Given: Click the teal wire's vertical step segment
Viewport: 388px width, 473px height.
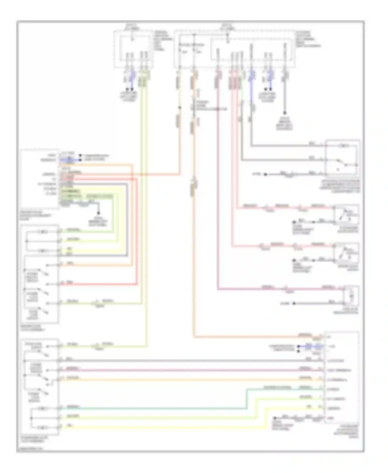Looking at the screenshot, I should [247, 398].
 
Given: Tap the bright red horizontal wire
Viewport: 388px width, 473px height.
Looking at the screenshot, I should [98, 284].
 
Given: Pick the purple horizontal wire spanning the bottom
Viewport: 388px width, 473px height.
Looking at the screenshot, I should [181, 370].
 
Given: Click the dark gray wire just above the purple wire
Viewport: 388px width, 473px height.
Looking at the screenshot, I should [181, 361].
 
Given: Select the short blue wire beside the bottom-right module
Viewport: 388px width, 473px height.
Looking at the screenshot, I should [309, 346].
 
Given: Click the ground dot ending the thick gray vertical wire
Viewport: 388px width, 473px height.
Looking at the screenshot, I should [285, 113].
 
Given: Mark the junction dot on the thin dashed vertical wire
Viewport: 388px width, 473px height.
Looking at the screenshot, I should [180, 107].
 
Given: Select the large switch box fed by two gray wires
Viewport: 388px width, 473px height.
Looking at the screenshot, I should [342, 158].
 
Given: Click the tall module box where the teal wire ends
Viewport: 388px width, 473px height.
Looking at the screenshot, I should [341, 378].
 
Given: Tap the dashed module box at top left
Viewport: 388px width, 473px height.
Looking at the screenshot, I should [133, 49].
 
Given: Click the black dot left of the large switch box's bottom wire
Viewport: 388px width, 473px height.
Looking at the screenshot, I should [265, 174].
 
